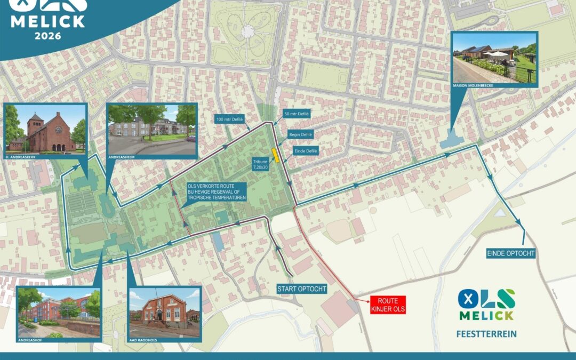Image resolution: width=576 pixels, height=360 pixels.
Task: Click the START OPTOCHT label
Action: point(301,289)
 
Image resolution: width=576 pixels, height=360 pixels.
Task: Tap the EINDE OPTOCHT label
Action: point(510,254)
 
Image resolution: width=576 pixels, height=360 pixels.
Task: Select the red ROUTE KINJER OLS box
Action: point(388,305)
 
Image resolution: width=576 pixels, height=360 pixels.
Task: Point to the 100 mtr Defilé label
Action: point(230,119)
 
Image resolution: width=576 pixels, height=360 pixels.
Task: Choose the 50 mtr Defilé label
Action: point(297,114)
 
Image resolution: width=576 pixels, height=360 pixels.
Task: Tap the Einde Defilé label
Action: point(306,151)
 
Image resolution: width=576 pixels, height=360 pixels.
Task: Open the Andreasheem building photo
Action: point(152,129)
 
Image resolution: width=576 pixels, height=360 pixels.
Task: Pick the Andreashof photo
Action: point(58,313)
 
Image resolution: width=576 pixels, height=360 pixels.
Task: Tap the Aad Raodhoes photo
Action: point(164,313)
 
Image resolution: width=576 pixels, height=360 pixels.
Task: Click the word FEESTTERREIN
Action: point(486,335)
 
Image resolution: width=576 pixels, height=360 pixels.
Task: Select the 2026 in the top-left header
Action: point(48,36)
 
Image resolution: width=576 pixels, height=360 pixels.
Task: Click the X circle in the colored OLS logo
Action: point(467,298)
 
